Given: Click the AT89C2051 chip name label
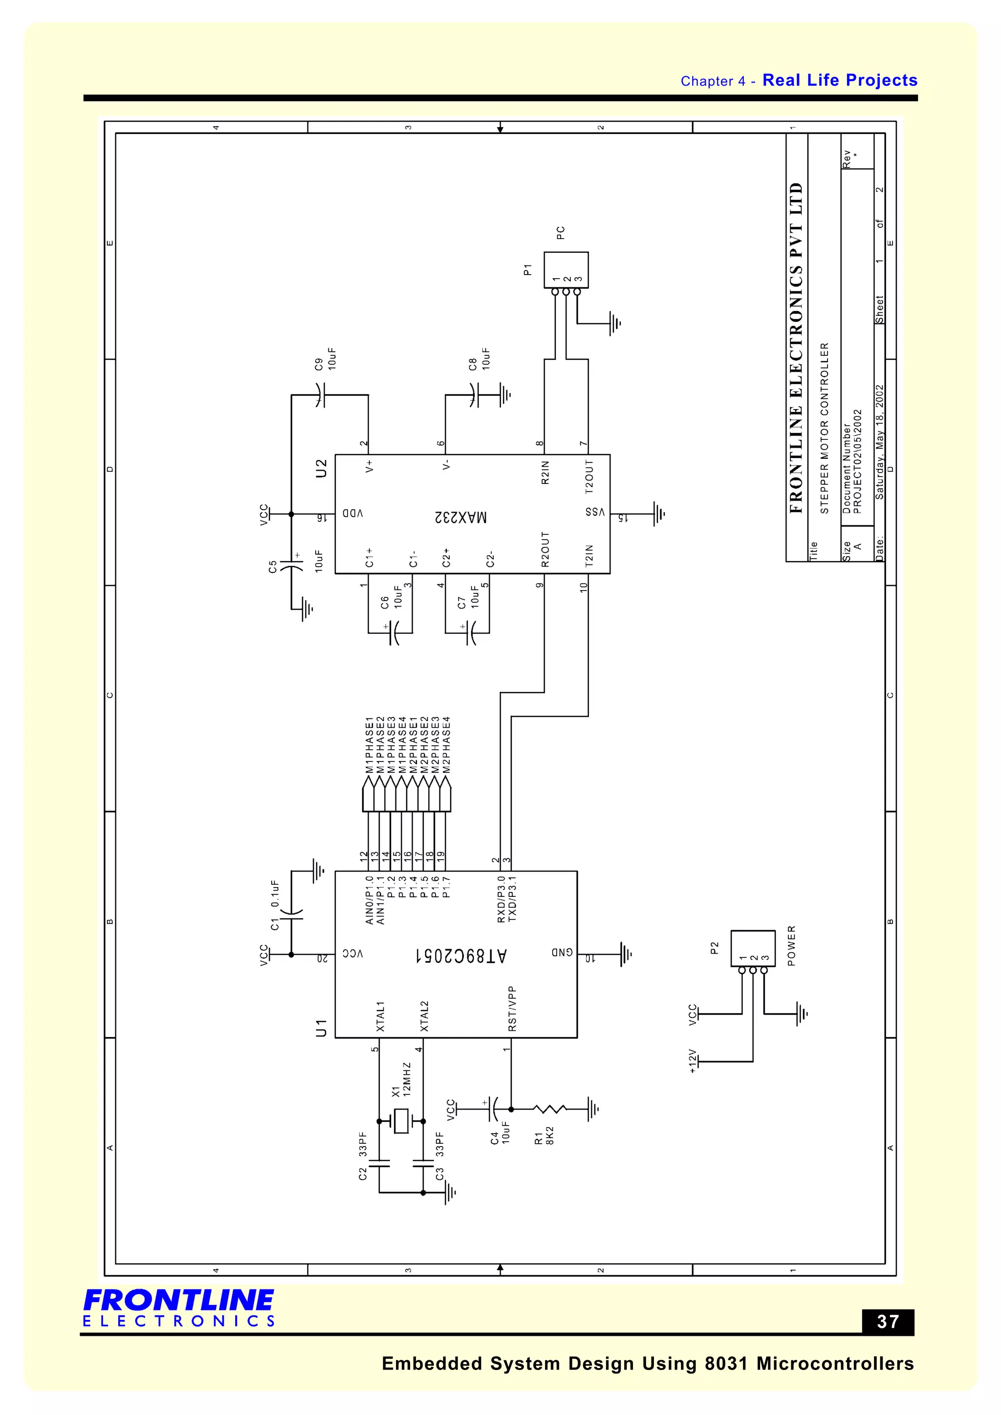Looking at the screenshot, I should click(x=460, y=955).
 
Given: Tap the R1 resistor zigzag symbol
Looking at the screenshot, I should click(x=550, y=1110).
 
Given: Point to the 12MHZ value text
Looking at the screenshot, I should click(x=407, y=1079).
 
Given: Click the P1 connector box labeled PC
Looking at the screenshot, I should click(x=566, y=269).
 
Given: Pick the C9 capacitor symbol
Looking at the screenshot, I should click(x=319, y=394).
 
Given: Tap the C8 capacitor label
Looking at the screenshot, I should click(x=473, y=364).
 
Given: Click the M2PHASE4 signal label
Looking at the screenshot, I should click(x=447, y=744).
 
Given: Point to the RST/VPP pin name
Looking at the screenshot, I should click(x=512, y=1009).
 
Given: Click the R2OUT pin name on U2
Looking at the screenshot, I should click(x=545, y=549).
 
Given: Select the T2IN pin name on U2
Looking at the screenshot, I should click(x=588, y=555).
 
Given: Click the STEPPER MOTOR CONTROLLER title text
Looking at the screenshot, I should click(x=825, y=428).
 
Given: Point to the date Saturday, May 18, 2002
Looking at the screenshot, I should click(x=880, y=442).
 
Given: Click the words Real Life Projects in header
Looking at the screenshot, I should click(x=840, y=80).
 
